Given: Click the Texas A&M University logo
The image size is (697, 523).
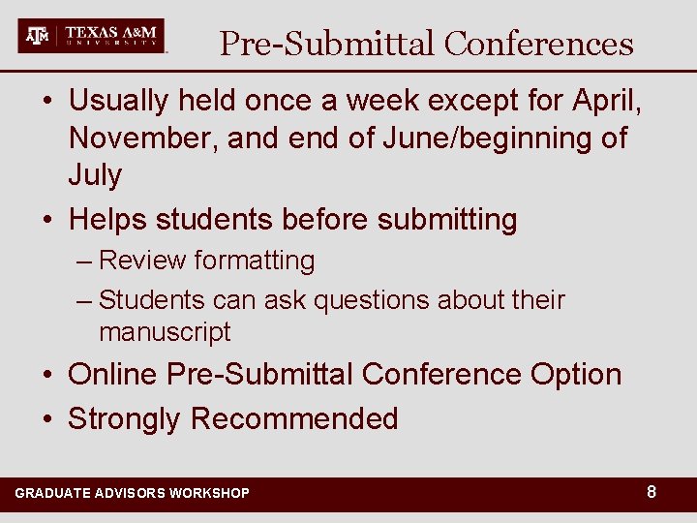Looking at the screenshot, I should click(92, 36).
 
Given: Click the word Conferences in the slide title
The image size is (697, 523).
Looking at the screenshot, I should click(538, 44).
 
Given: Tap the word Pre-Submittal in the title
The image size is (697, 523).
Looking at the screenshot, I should click(327, 44).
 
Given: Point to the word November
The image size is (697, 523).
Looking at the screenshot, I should click(143, 138).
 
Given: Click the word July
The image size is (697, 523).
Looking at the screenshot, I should click(95, 175).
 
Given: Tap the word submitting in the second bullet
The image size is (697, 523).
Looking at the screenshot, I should click(447, 220).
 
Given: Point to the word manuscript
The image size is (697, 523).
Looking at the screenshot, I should click(165, 332).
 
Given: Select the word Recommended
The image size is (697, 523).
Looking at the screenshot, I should click(294, 418).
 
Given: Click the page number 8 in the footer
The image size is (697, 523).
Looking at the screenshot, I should click(652, 492).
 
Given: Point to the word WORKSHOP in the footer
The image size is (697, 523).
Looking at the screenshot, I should click(209, 493).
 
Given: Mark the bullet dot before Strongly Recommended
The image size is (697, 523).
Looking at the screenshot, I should click(47, 419).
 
